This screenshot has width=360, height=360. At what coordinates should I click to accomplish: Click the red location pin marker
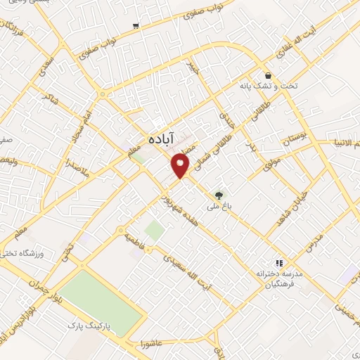coord(181,164)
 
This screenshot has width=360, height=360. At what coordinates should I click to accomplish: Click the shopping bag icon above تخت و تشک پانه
coord(268,75)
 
